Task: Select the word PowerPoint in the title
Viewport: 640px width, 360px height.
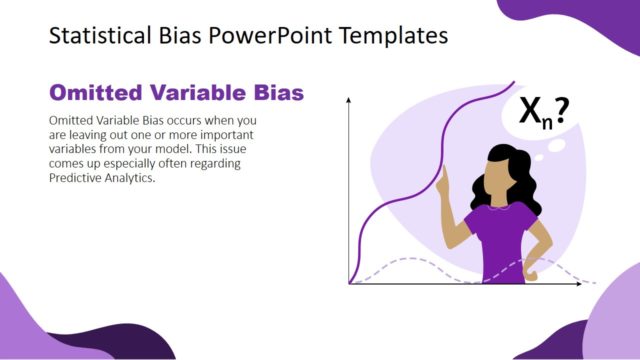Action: click(257, 38)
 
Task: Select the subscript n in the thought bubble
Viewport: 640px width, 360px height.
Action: click(546, 123)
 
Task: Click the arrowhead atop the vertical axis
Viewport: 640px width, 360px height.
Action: click(349, 100)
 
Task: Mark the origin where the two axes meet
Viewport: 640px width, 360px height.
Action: click(349, 284)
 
